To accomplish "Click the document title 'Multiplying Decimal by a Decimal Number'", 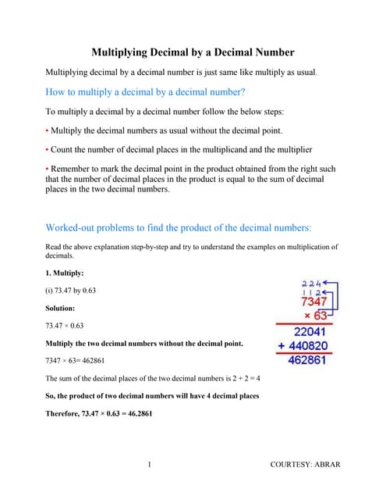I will coord(193,52).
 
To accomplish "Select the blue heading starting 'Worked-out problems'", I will coord(179,227).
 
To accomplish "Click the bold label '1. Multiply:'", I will coord(66,273).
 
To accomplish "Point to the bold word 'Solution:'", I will coord(64,309).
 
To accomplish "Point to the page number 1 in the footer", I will coord(148,465).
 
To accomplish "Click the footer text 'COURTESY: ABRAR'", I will coord(305,465).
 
